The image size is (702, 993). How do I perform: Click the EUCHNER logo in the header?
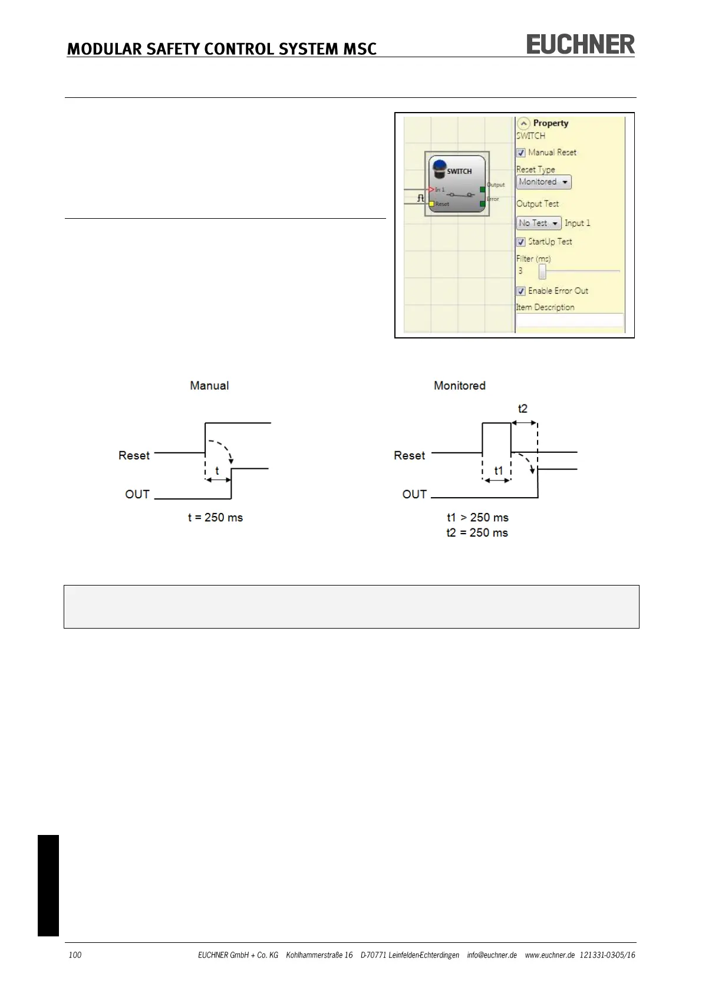point(580,44)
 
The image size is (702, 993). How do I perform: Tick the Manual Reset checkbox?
point(521,153)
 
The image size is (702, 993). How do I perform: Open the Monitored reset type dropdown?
point(543,182)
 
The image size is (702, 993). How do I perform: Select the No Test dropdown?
point(538,223)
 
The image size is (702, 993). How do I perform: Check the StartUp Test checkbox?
point(521,242)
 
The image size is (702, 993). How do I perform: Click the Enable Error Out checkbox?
point(521,291)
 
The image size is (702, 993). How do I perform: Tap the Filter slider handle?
point(542,271)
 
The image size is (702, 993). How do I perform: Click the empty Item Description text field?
point(569,320)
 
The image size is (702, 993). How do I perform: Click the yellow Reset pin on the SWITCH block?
point(431,204)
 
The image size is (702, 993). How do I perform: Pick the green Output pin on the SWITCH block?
point(483,189)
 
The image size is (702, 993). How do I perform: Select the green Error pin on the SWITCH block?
point(483,203)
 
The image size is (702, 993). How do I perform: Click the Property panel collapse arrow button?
point(523,124)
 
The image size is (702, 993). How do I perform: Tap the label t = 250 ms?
point(215,518)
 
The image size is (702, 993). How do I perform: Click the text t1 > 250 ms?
point(477,518)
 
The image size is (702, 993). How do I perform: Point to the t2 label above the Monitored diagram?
point(523,409)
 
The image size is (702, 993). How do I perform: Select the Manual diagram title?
point(209,386)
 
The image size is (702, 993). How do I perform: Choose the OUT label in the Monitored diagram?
point(414,494)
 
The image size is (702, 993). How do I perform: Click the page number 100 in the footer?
point(75,955)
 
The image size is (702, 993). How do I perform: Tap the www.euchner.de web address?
point(549,955)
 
